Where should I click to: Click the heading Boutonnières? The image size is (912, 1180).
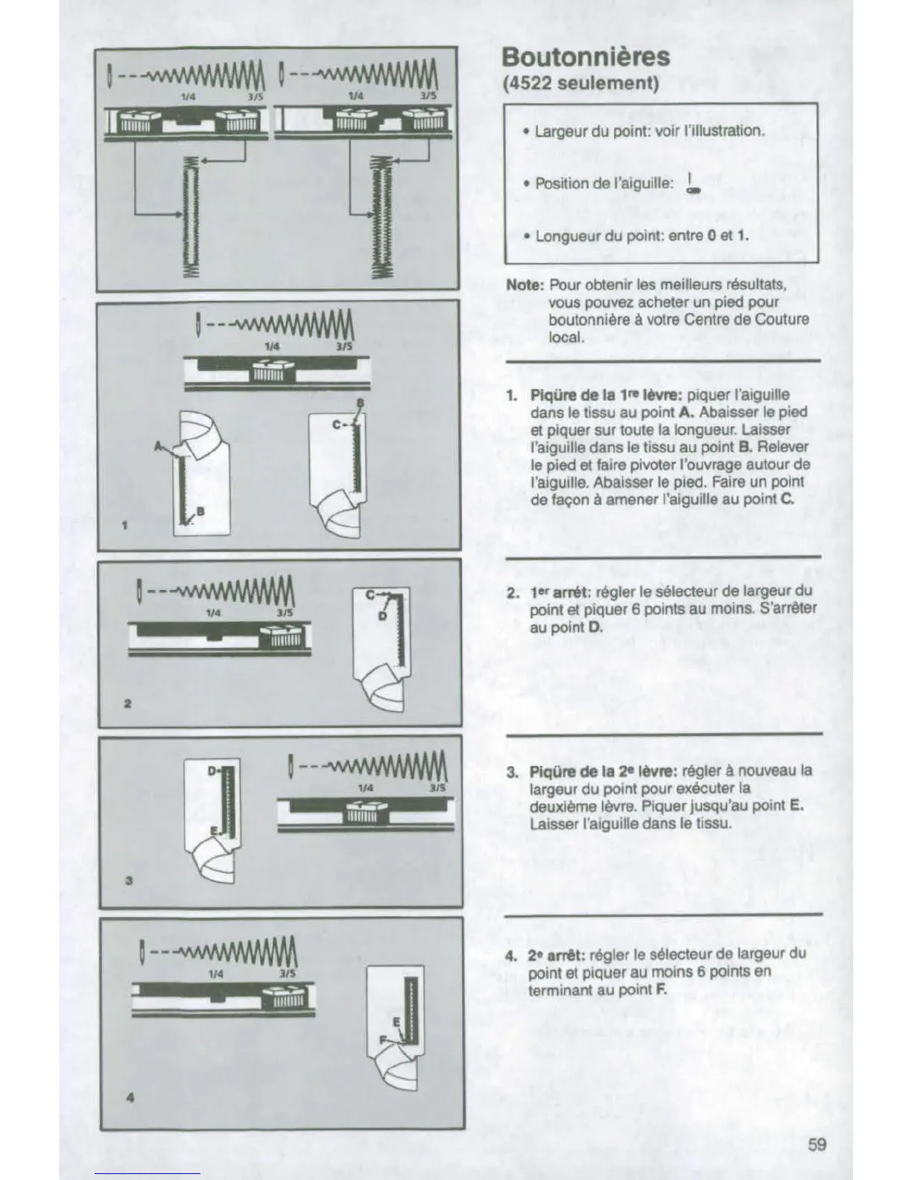click(x=586, y=57)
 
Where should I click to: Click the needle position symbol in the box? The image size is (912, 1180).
click(x=693, y=184)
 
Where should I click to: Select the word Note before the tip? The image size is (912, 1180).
click(x=524, y=285)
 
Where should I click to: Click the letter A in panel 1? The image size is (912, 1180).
click(x=158, y=445)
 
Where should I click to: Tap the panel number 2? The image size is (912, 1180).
click(x=127, y=703)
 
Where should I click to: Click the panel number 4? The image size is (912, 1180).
click(x=130, y=1097)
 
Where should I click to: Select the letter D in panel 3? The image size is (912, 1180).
click(x=212, y=769)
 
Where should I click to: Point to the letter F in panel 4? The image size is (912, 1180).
click(x=382, y=1038)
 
